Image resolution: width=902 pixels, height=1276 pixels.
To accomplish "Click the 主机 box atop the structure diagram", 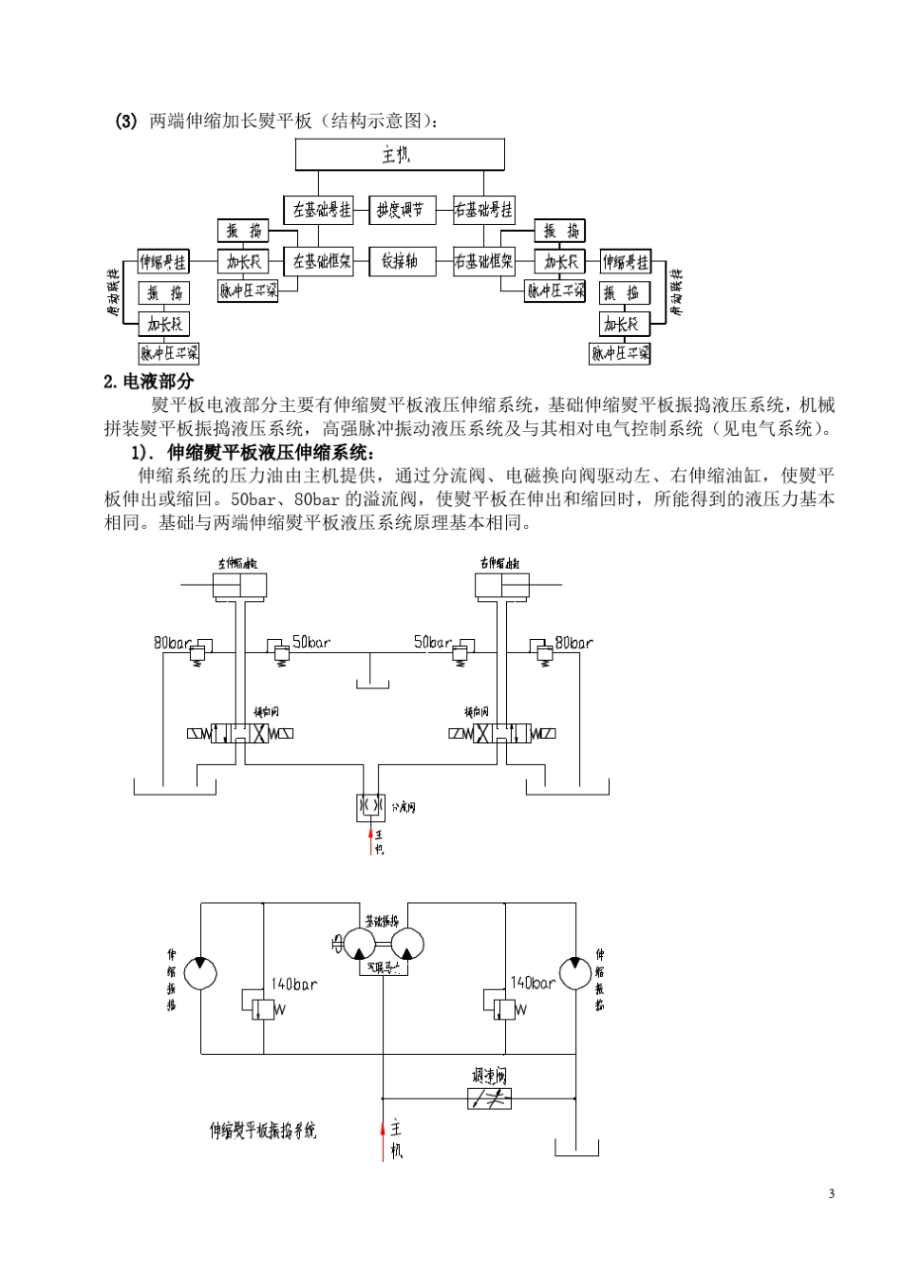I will [400, 155].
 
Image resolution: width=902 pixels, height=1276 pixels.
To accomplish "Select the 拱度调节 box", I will [400, 210].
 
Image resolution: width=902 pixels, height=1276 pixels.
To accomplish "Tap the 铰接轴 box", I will [400, 260].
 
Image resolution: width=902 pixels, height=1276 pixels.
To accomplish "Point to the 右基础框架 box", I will [483, 260].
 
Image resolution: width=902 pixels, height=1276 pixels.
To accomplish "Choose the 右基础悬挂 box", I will [483, 210].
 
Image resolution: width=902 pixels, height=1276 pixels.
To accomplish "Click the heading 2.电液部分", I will [148, 382].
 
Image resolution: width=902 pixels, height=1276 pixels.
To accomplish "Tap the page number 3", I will [831, 1193].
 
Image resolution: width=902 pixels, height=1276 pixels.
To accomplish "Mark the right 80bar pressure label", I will [574, 643].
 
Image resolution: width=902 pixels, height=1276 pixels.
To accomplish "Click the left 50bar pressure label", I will [311, 643].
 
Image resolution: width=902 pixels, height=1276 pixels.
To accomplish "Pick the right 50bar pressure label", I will [433, 643].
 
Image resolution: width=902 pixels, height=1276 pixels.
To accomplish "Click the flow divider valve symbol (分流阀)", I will [369, 806].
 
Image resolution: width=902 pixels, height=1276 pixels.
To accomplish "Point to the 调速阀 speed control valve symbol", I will [490, 1098].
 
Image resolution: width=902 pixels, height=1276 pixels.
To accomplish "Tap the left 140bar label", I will [293, 985].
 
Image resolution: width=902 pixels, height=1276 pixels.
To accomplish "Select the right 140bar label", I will [533, 984].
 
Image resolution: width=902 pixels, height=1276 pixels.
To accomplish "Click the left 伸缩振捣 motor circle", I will [200, 973].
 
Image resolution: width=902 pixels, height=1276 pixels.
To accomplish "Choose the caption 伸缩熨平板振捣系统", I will [263, 1131].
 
